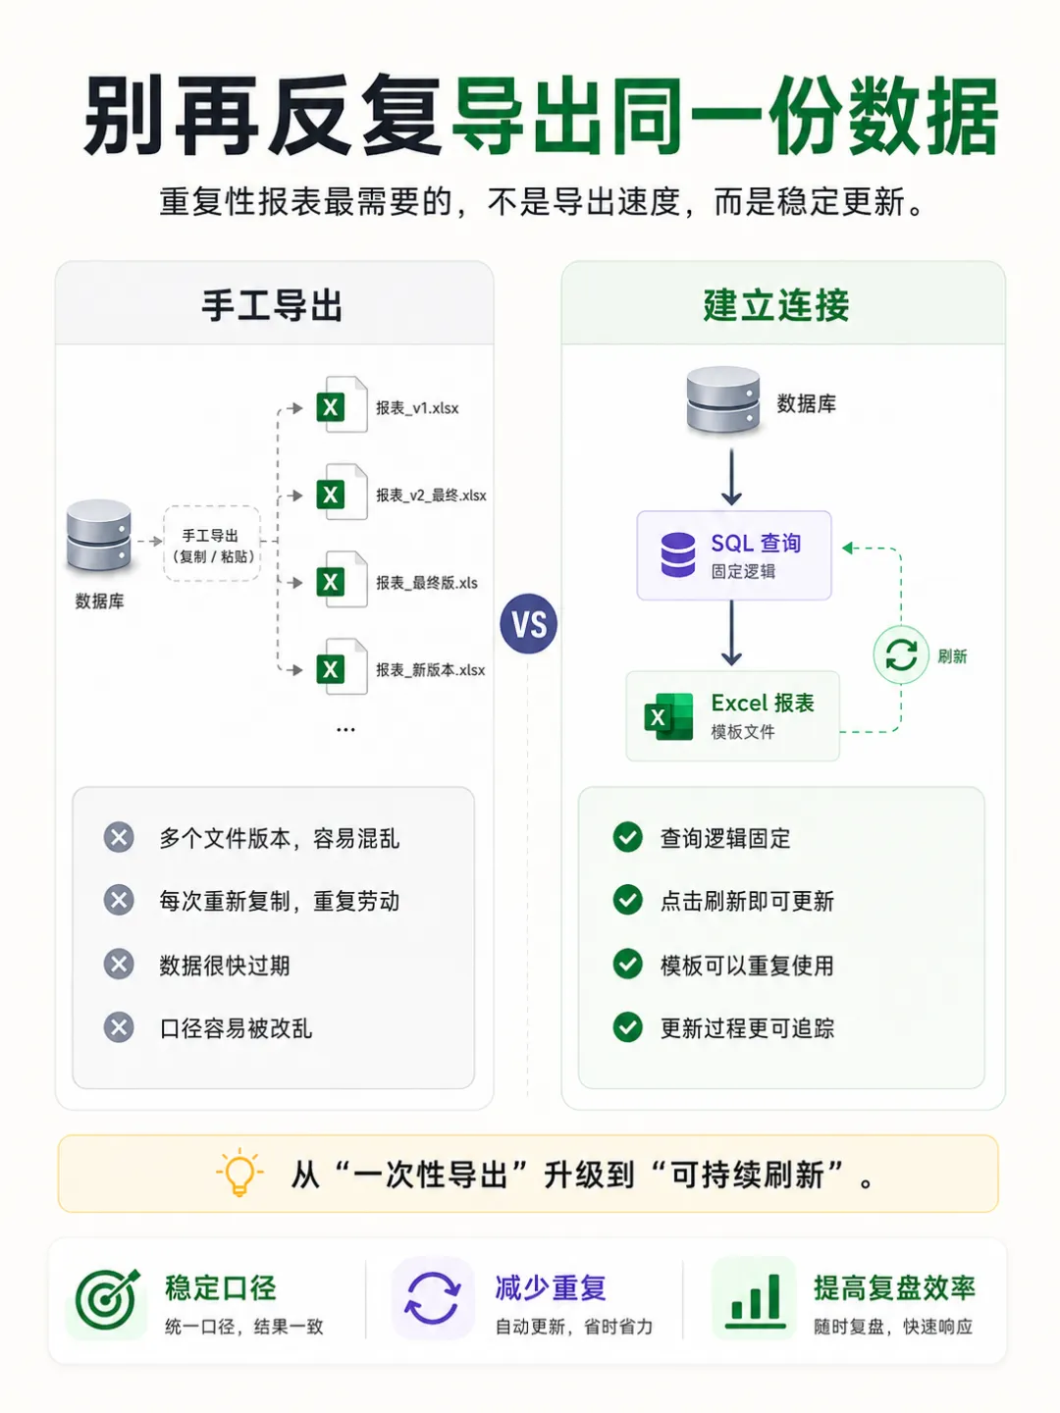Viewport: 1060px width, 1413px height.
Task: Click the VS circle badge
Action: coord(528,623)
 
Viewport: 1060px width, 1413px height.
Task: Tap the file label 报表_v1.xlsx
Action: coord(417,408)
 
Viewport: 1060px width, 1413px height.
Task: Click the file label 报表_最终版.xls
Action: coord(427,583)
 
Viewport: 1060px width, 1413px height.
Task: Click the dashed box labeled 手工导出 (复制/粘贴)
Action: coord(212,544)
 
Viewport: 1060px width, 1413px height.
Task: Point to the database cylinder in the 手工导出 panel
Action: coord(99,536)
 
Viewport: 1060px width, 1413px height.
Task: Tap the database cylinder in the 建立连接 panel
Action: coord(723,398)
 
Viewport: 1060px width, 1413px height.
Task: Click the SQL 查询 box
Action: coord(734,555)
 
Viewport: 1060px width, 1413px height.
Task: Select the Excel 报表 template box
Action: coord(732,716)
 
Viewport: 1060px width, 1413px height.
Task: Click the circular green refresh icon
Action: coord(901,654)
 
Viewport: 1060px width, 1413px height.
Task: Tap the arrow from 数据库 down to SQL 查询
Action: coord(732,477)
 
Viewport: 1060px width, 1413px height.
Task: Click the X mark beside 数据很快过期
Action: coord(119,965)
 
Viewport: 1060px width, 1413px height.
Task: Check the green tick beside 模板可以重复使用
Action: coord(627,965)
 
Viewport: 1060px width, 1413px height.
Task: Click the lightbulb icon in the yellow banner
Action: coord(239,1173)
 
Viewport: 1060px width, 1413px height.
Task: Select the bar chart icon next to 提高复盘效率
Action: coord(755,1299)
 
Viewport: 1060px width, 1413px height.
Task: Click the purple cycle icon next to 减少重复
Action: coord(433,1298)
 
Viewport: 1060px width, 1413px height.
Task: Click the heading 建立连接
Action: coord(776,305)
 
